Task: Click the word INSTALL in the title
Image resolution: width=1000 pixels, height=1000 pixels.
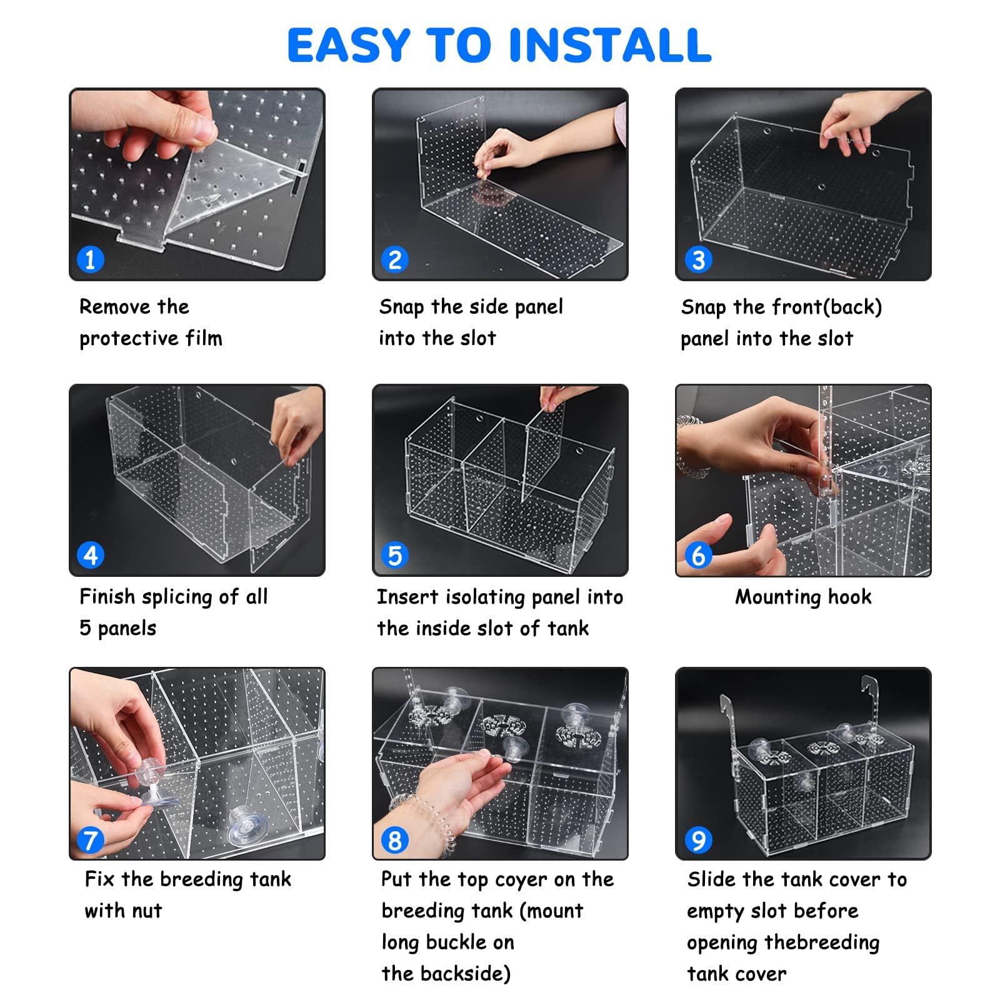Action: pos(610,45)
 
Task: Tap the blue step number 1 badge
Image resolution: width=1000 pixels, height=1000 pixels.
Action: pos(90,259)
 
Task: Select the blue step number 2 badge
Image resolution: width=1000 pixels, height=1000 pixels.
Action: pos(394,259)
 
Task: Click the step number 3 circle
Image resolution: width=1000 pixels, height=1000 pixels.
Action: pos(698,259)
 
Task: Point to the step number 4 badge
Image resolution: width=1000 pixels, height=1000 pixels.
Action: pos(90,555)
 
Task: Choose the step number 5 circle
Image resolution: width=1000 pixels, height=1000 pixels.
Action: pos(394,555)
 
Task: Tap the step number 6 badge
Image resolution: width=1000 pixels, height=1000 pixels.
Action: pos(698,555)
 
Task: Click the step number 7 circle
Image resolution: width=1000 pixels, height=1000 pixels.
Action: pos(90,840)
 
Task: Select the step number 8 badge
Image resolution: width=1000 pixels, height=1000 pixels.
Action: pos(394,840)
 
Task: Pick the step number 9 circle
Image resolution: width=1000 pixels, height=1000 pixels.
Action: pos(698,840)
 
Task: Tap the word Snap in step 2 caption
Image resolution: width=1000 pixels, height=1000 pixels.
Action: pos(401,307)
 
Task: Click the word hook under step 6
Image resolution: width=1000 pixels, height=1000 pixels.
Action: pos(849,597)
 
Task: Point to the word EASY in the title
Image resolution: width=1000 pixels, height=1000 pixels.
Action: pos(348,45)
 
